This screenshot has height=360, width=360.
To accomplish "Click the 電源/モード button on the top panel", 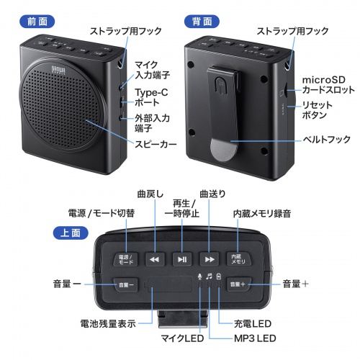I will pos(127,258).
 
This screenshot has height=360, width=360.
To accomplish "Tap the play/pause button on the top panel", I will pos(181,258).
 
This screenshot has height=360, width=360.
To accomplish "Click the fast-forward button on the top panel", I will pos(210,258).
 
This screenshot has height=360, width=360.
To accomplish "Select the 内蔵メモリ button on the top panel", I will pos(236,258).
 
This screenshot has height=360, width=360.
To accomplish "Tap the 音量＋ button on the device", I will pos(237,284).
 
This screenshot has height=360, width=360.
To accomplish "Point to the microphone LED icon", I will pos(199,276).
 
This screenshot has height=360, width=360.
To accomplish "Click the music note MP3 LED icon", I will pos(209,276).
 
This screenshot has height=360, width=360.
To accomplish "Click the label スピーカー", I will pos(156,145).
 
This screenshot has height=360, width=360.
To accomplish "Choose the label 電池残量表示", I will pos(107,323).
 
